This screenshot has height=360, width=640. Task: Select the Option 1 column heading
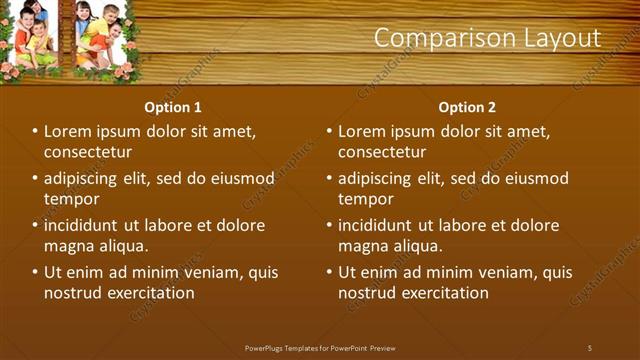click(173, 107)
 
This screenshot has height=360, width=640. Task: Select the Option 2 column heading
click(467, 107)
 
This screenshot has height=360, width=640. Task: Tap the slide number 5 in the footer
click(590, 347)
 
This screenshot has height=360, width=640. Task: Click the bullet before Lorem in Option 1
click(35, 131)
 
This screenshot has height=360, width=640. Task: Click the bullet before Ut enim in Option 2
click(329, 272)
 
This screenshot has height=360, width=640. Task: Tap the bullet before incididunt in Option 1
click(35, 225)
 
